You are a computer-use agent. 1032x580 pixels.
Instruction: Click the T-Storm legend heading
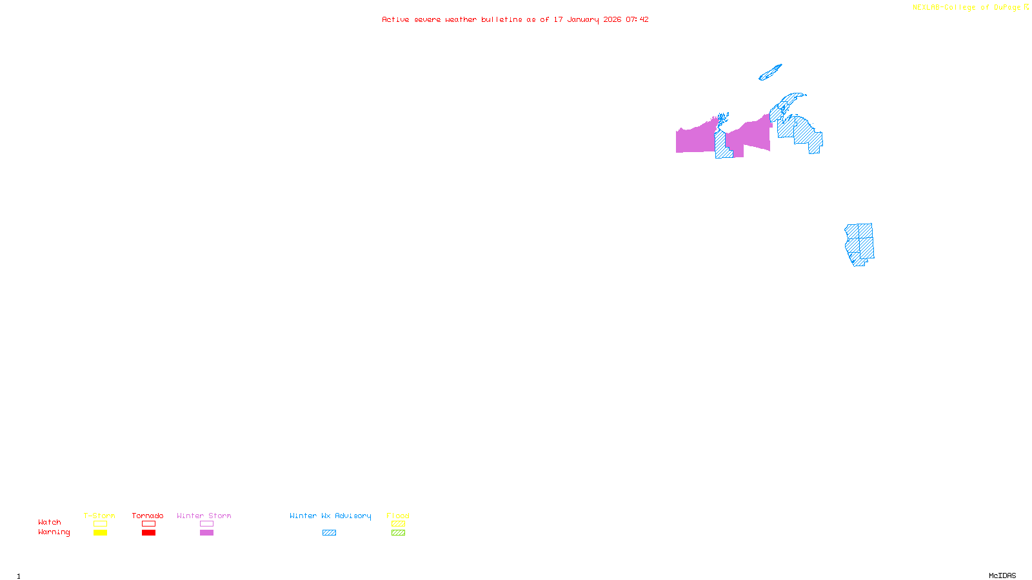[99, 516]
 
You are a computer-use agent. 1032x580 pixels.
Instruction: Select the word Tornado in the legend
[148, 516]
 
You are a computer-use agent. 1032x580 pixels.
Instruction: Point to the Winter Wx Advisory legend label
[330, 516]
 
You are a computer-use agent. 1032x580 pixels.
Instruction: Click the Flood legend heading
[398, 516]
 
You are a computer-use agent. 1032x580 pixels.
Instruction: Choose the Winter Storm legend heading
[204, 516]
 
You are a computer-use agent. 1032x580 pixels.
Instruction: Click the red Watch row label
[50, 522]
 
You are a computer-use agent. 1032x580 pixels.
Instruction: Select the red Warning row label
[54, 532]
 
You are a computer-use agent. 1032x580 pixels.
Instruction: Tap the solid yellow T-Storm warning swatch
[100, 533]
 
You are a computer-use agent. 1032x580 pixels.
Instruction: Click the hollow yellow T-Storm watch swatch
[100, 524]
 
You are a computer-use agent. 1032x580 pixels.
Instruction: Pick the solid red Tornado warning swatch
[148, 533]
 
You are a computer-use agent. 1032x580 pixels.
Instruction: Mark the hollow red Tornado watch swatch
[148, 524]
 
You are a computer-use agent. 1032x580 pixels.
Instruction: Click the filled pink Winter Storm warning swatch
[206, 533]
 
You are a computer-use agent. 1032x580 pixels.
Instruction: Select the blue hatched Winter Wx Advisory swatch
[329, 533]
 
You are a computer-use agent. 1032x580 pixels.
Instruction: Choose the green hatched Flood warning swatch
[398, 533]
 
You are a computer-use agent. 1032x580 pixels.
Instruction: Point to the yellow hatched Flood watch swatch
[398, 524]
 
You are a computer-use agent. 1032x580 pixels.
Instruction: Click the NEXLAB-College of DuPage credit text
[967, 8]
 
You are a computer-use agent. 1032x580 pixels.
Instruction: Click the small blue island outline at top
[770, 73]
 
